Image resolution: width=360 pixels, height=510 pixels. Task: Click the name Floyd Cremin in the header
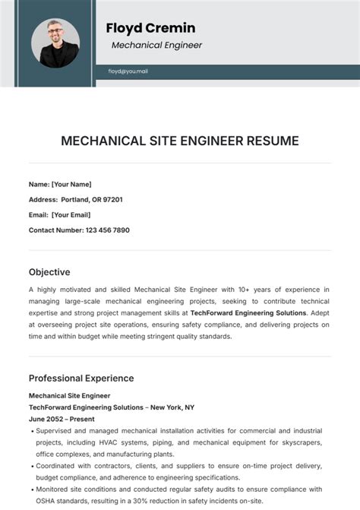150,28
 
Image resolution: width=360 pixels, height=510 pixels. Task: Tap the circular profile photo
55,43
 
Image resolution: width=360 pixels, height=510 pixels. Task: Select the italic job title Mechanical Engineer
156,45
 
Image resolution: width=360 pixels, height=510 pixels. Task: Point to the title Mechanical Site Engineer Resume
180,141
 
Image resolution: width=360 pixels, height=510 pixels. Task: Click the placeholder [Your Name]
71,184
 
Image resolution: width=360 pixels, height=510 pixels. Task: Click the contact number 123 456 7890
107,230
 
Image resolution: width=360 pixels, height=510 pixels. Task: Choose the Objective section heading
49,271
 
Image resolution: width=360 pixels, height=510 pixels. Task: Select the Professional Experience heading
81,378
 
